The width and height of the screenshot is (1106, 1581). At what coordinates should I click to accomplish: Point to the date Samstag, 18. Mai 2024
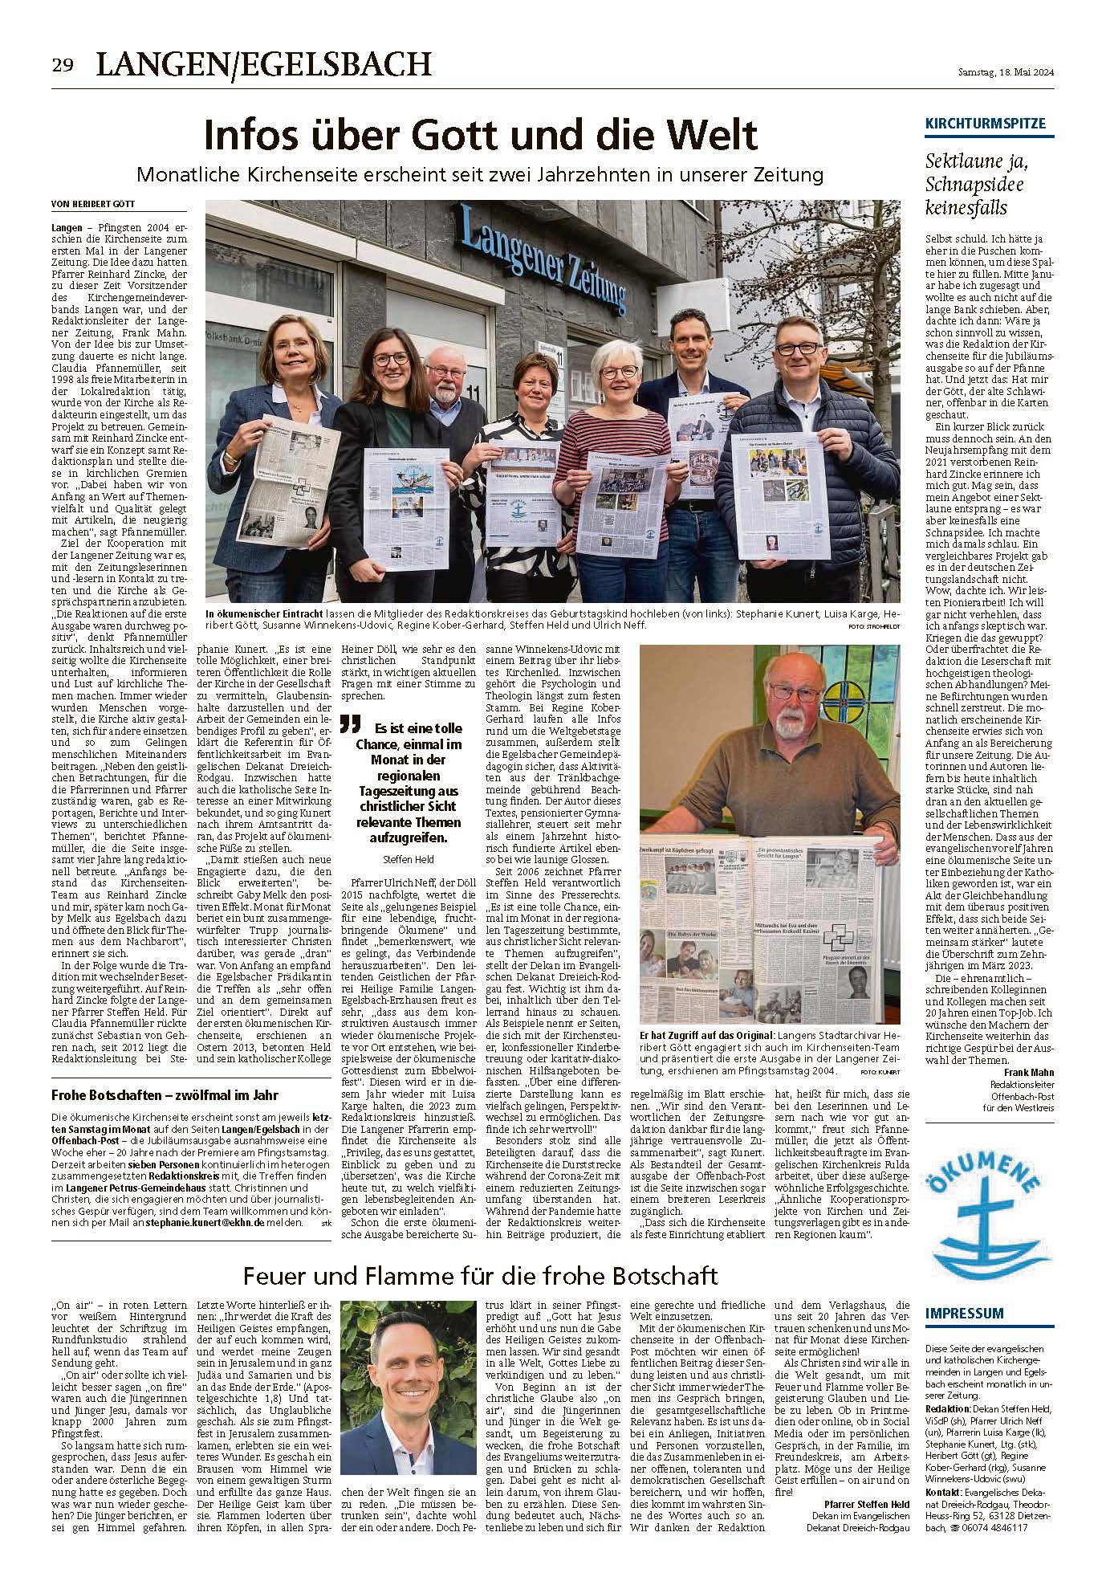coord(1006,73)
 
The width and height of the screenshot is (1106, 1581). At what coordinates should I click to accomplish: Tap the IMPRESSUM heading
coord(964,1314)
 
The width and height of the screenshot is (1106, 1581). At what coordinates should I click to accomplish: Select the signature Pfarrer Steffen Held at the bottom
coord(867,1503)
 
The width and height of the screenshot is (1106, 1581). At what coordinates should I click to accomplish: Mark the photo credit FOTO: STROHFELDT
coord(874,625)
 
